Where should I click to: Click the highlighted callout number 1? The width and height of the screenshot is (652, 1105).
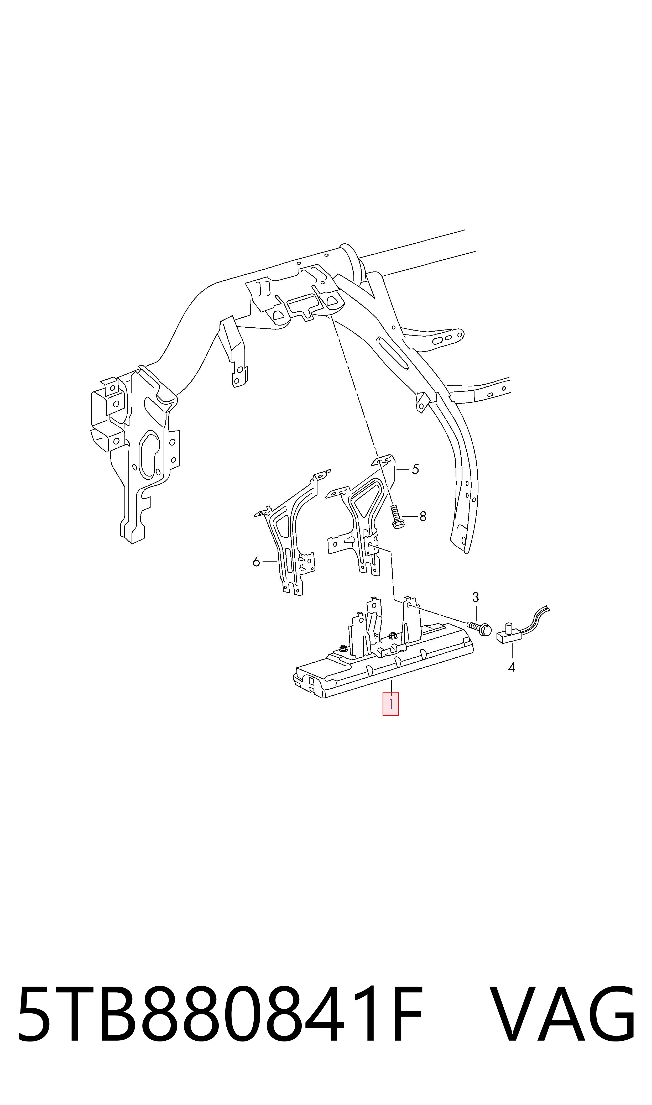click(390, 704)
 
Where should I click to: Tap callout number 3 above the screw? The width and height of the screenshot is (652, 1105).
click(475, 597)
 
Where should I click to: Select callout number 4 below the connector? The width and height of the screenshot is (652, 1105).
click(512, 667)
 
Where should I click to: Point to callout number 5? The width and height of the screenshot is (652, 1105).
click(415, 469)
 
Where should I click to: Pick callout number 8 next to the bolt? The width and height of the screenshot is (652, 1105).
click(423, 516)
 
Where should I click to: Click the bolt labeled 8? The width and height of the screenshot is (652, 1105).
click(395, 517)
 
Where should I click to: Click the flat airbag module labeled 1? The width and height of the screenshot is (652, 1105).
click(382, 654)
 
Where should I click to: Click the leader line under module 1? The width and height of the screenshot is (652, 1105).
click(390, 685)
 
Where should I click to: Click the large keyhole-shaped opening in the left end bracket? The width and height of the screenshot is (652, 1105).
click(149, 455)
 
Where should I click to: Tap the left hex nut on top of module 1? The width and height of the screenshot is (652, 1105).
click(343, 648)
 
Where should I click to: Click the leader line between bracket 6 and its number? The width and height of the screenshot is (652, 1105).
click(269, 561)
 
